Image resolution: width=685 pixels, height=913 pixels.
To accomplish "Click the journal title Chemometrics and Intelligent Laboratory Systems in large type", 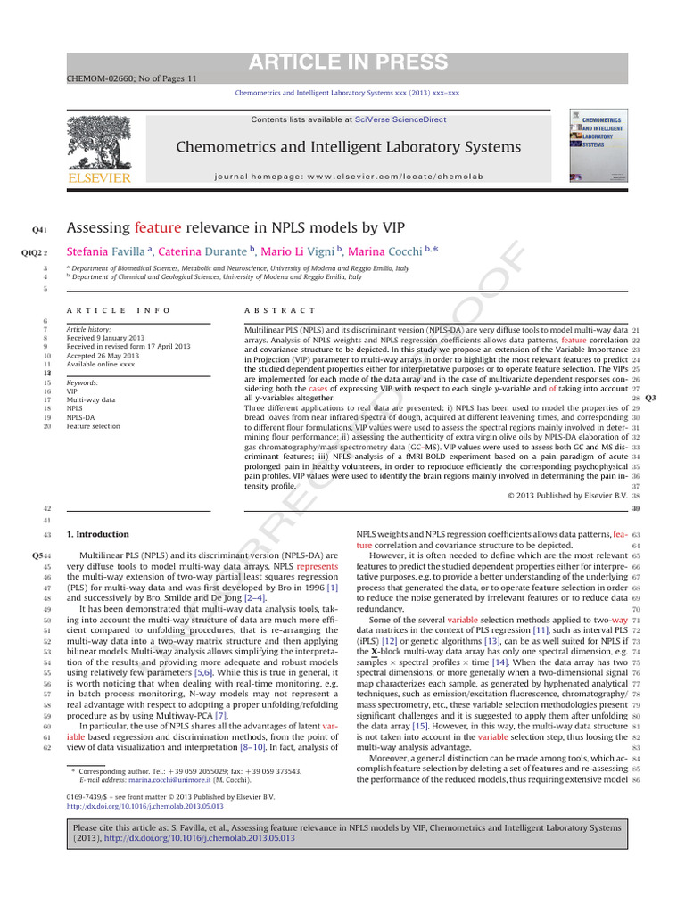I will pyautogui.click(x=348, y=147).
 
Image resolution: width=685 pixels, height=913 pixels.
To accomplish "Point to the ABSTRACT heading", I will pyautogui.click(x=279, y=309).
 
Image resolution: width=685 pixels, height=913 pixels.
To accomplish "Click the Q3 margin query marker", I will pyautogui.click(x=650, y=397).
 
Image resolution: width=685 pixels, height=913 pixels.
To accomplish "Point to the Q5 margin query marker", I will pyautogui.click(x=38, y=555).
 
